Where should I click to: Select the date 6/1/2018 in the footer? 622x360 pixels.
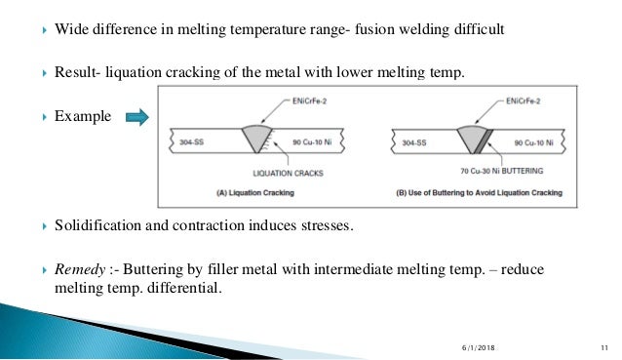[x=478, y=349]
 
